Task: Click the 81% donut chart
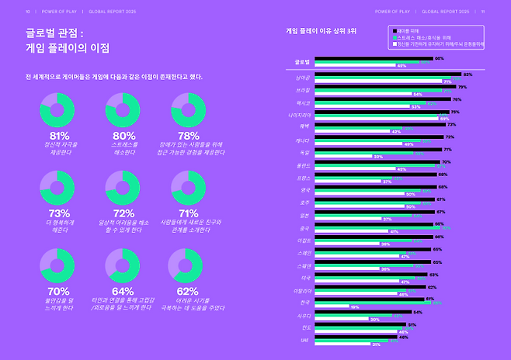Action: (x=58, y=109)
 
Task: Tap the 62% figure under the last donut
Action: (x=187, y=291)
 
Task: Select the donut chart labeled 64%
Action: (x=123, y=265)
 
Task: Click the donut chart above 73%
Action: (x=58, y=187)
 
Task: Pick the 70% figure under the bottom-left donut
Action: (x=58, y=291)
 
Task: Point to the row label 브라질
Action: (x=304, y=89)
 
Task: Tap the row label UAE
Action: (x=305, y=340)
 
